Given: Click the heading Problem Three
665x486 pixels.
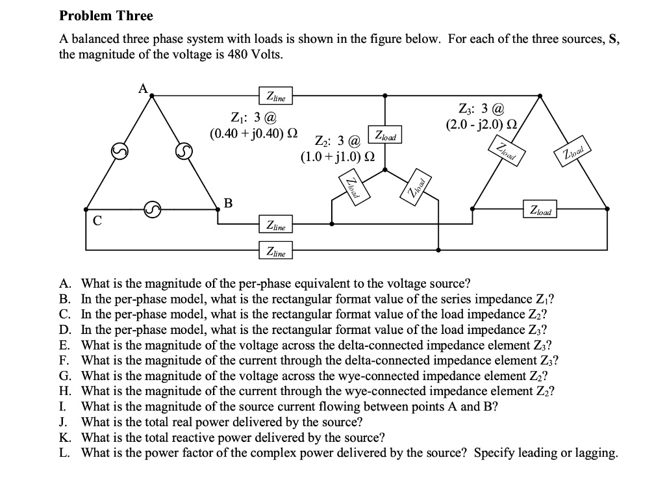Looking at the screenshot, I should pos(106,16).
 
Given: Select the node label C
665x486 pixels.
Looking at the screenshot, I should pos(97,220).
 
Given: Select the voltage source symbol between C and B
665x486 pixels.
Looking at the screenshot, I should pos(151,209).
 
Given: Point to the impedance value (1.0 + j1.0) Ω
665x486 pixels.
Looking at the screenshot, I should pos(338,157).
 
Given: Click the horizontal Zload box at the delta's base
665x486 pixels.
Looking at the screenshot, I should pos(540,211).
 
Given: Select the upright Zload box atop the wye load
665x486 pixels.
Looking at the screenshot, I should pos(385,136).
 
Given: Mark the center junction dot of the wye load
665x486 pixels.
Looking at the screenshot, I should pos(385,170).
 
